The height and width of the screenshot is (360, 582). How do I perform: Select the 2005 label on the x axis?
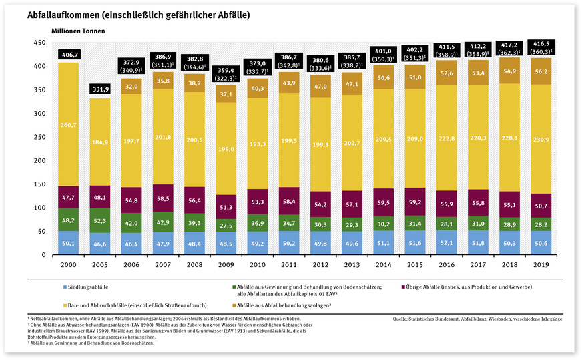(99, 265)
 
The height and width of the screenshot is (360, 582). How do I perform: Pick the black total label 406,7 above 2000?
(68, 54)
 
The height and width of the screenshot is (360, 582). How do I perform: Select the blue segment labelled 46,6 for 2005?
(99, 244)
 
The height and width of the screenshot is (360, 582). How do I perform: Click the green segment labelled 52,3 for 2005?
(99, 220)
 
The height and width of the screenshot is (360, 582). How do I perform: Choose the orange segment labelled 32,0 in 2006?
(131, 86)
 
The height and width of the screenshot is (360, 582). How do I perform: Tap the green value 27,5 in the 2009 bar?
(227, 226)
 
